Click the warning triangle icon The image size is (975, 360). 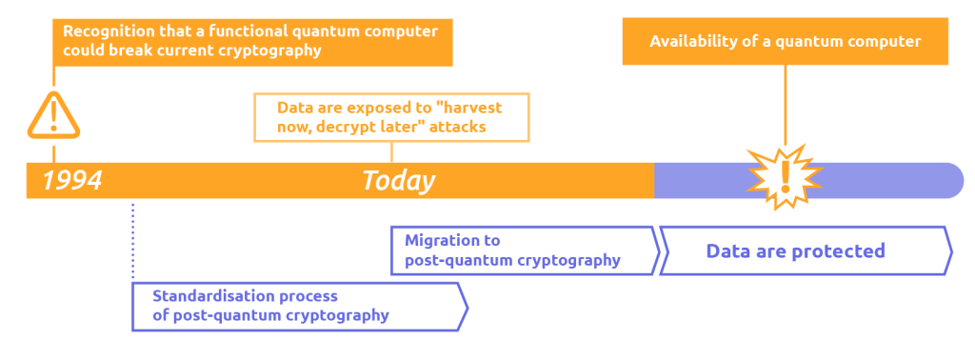53,116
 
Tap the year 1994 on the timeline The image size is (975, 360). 72,181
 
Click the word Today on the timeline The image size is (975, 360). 398,181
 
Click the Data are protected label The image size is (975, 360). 795,251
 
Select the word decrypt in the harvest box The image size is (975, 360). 348,127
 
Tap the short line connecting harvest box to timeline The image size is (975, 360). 392,152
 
